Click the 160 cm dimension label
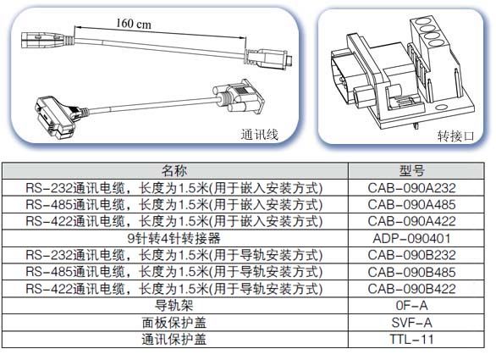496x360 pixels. point(134,24)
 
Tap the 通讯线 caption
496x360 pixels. point(259,135)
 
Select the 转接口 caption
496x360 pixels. point(456,136)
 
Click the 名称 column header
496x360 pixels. point(174,170)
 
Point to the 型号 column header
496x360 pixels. point(411,171)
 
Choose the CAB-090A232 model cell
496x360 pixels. point(411,188)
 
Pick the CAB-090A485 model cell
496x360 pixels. point(411,205)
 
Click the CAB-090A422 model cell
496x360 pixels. point(411,221)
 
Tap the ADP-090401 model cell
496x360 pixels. point(411,238)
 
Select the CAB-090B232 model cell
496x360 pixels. point(411,255)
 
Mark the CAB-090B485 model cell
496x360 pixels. point(411,272)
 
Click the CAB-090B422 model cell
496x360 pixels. point(411,289)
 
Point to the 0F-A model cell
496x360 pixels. point(411,306)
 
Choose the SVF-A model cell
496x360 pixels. point(411,323)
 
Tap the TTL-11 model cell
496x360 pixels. point(411,340)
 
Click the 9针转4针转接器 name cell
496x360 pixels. point(174,238)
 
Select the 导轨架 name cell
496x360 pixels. point(174,306)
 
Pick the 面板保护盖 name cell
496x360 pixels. point(174,323)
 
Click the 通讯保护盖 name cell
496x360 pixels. point(174,340)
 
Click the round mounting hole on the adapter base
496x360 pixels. point(442,107)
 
